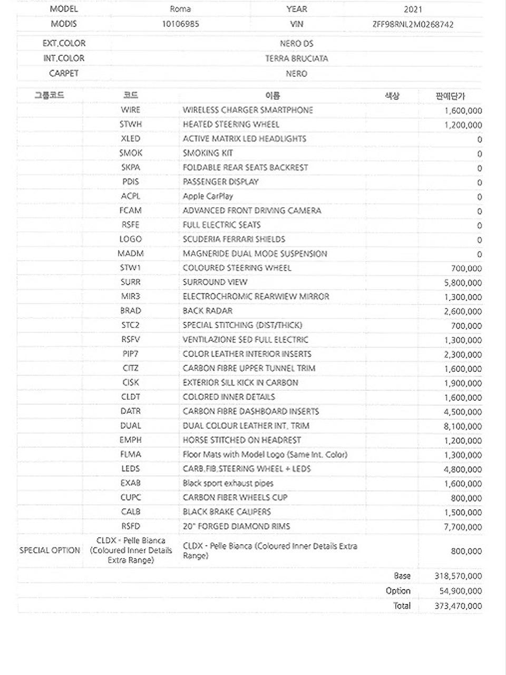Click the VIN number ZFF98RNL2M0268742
point(413,24)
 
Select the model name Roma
point(180,9)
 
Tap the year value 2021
point(413,9)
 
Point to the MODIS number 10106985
point(180,24)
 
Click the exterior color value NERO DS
point(296,43)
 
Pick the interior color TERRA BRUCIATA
point(296,59)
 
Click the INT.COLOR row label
point(64,58)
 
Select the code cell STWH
point(130,124)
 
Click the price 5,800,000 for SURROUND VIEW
point(463,283)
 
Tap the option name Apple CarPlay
point(208,196)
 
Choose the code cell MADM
point(130,254)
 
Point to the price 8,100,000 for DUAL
point(463,426)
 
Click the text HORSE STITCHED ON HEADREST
point(241,440)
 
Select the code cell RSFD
point(130,526)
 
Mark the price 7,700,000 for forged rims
point(463,527)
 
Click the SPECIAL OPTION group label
point(50,550)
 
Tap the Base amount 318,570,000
point(458,576)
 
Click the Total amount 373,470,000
point(458,606)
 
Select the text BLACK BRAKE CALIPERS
point(227,512)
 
